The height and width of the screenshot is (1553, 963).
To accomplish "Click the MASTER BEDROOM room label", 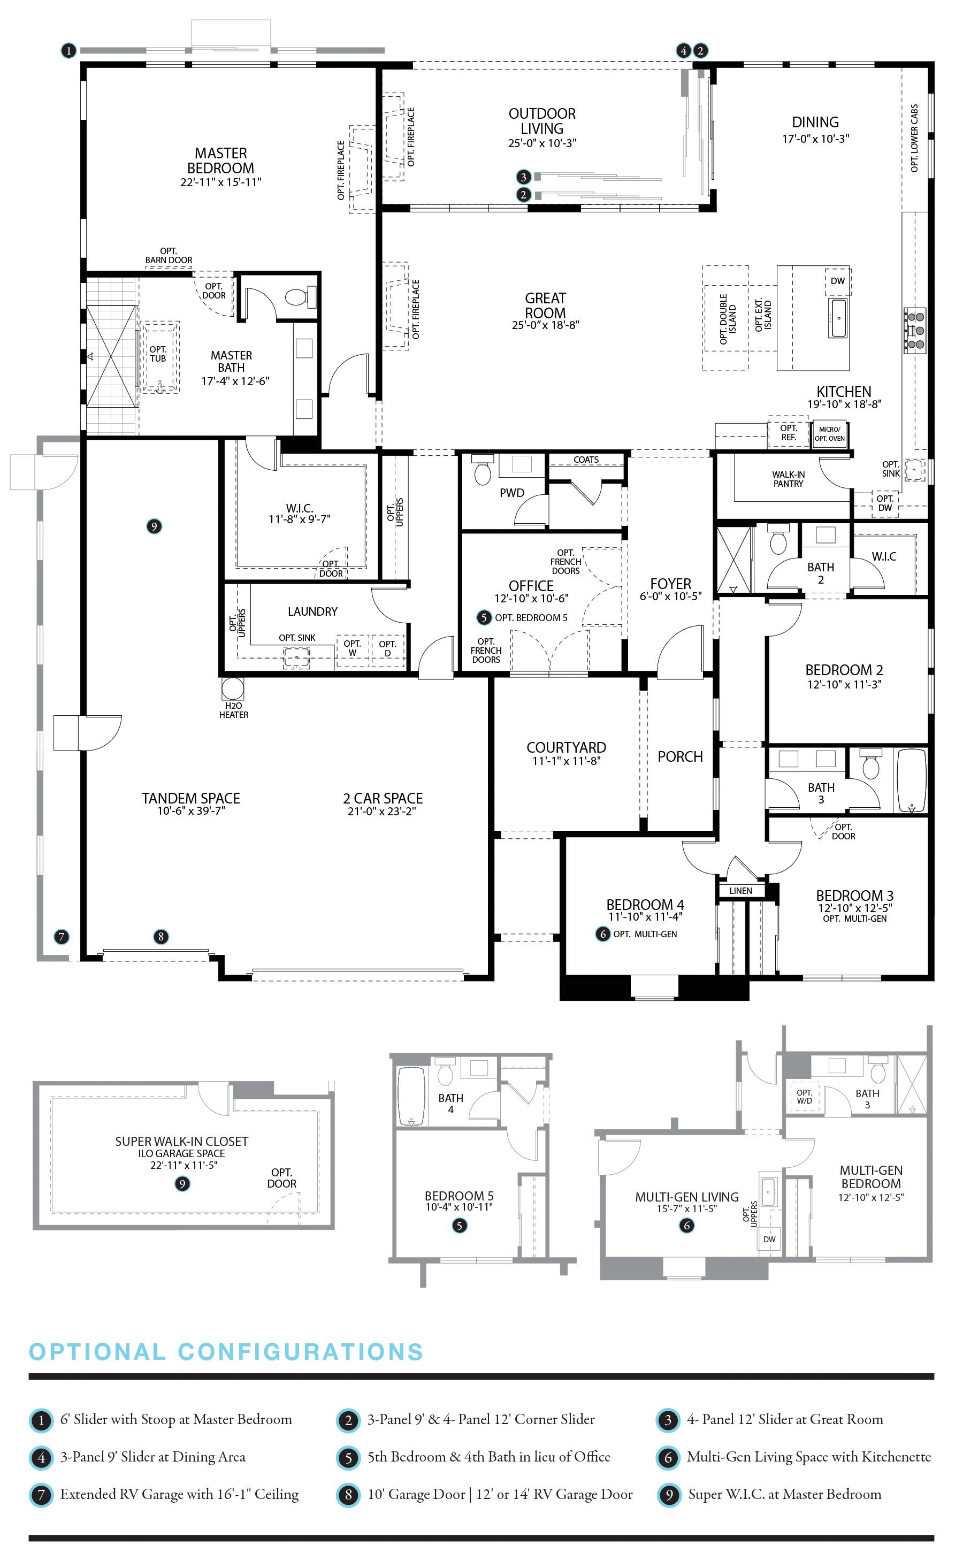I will tap(220, 160).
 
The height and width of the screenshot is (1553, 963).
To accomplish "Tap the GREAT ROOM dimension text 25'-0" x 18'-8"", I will tap(545, 325).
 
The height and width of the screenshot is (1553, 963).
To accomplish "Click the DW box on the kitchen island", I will tap(837, 281).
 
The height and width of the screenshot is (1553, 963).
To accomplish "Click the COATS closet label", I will tap(586, 459).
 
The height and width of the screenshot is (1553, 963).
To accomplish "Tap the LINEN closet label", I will tap(741, 891).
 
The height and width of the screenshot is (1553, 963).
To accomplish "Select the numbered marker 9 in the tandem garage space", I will tap(154, 526).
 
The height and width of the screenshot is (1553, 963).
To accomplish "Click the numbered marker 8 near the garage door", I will tap(160, 936).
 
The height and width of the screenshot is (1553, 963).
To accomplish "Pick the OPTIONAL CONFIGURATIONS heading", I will tap(226, 1351).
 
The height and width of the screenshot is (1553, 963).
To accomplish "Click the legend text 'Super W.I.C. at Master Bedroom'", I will tap(785, 1494).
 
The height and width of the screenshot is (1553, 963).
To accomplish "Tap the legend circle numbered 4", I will tap(41, 1457).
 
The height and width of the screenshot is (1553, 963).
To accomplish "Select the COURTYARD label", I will tap(566, 747).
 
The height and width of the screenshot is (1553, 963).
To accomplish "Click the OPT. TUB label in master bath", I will tap(158, 354).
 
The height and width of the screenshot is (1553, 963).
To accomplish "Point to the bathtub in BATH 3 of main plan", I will tap(912, 781).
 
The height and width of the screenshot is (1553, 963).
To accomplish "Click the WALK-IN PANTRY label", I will tap(788, 479).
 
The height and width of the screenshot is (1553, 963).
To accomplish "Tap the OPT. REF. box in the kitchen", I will tap(789, 432).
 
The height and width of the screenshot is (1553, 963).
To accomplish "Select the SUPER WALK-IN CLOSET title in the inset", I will tap(181, 1142).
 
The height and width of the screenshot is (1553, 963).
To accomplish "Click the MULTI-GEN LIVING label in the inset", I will tap(686, 1197).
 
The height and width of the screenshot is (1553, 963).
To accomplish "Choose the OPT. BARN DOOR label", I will tap(169, 255).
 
